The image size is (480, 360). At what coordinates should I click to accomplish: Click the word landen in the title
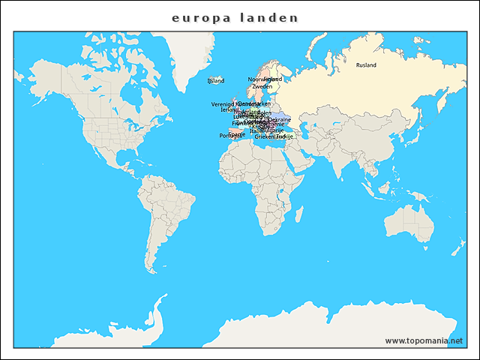tap(268, 17)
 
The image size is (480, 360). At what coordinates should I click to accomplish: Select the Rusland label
tap(366, 65)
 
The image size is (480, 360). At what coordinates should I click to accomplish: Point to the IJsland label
tap(215, 80)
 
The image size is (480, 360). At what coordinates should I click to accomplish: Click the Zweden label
tap(262, 87)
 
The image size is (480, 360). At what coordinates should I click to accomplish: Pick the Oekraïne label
tap(279, 119)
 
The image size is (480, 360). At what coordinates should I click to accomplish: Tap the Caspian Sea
tap(299, 130)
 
